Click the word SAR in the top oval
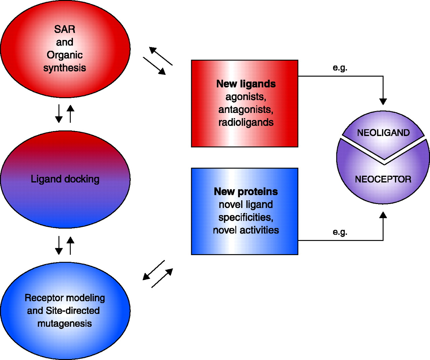pos(64,30)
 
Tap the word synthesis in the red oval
pos(64,68)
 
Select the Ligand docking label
pos(65,179)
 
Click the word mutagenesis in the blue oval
pos(64,324)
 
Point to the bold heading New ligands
pos(246,84)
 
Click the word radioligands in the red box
pos(246,122)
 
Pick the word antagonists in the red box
pos(246,110)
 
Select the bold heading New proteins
pos(246,192)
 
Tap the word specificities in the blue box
pos(246,217)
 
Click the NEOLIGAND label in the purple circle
pos(383,133)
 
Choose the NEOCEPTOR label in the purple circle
pos(383,179)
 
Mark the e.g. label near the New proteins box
pos(340,232)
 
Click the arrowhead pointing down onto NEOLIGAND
pos(383,101)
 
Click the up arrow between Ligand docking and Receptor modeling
pos(70,245)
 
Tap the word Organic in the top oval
pos(64,55)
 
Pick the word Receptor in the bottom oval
pos(44,298)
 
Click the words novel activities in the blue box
pos(246,230)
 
